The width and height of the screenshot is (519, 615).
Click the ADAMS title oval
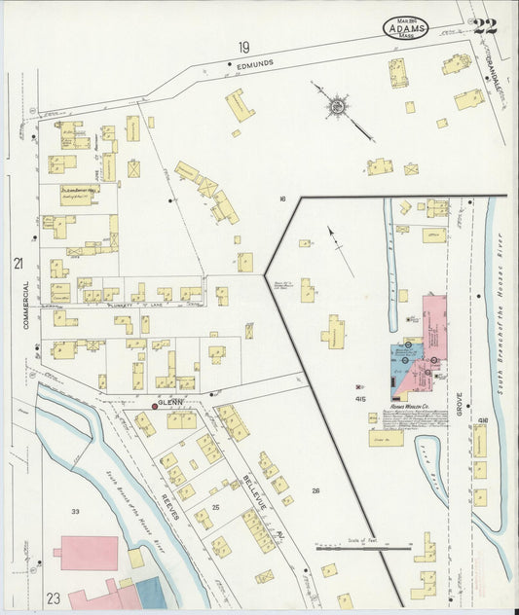(404, 26)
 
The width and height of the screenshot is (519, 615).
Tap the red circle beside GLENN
(154, 403)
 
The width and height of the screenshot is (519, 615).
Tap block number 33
(75, 510)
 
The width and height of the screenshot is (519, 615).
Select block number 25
(216, 507)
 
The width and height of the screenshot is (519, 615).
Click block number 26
(315, 490)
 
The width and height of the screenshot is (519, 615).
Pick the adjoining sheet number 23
(52, 597)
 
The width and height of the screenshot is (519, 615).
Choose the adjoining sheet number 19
(243, 46)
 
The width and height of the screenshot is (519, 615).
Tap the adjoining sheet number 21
(18, 263)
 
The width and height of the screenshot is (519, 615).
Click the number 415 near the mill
(359, 399)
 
